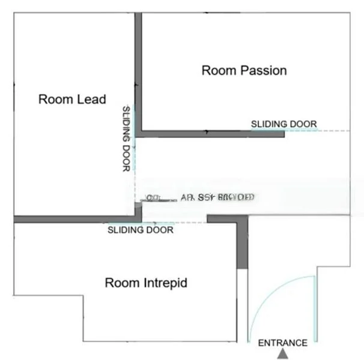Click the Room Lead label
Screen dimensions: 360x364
point(72,99)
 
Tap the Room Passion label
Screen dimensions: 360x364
point(244,70)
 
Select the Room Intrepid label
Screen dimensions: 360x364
point(146,282)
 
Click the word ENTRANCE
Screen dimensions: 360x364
point(282,343)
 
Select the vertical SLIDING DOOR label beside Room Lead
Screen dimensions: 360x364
point(126,139)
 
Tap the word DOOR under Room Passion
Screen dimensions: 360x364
point(303,124)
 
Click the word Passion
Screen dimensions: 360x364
point(263,70)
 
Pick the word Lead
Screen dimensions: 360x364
point(92,99)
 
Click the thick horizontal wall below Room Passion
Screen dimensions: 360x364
point(210,134)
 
